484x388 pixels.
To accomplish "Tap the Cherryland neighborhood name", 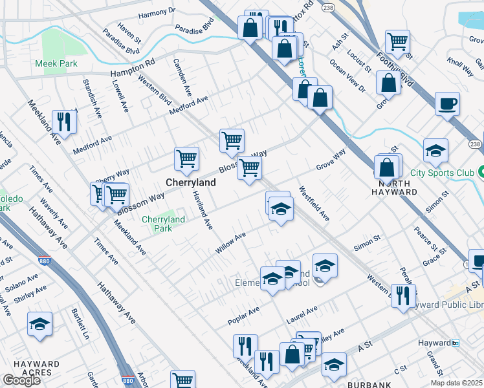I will tap(191, 183).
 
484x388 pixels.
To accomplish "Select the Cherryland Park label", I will tap(163, 224).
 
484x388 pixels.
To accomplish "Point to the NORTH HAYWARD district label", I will tap(394, 192).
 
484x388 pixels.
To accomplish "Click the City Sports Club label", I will tap(441, 173).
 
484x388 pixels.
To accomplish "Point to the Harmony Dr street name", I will tap(157, 12).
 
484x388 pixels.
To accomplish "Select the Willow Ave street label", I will tap(231, 244).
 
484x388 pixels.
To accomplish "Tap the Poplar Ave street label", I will tap(243, 316).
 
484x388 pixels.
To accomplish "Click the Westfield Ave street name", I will tap(314, 204).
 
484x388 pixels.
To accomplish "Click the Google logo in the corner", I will tap(21, 380).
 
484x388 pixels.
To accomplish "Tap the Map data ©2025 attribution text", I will tap(456, 383).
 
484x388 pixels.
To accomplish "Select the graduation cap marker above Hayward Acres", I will tap(40, 325).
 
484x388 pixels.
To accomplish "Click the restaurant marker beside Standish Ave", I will tap(64, 120).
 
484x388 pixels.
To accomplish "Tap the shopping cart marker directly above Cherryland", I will tap(186, 158).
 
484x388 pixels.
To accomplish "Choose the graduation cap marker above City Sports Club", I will tap(436, 151).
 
